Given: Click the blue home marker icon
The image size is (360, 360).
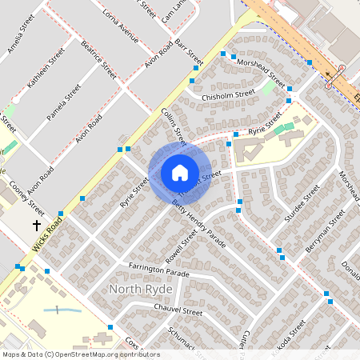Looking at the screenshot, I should click(x=179, y=173).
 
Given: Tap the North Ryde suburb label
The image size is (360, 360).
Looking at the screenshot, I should click(x=142, y=289).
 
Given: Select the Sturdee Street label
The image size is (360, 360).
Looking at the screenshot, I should click(x=301, y=201).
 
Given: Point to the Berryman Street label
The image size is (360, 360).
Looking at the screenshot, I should click(x=325, y=231).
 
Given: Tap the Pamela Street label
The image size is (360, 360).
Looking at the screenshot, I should click(x=64, y=102).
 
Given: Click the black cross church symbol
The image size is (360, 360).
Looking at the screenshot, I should click(x=36, y=226).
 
